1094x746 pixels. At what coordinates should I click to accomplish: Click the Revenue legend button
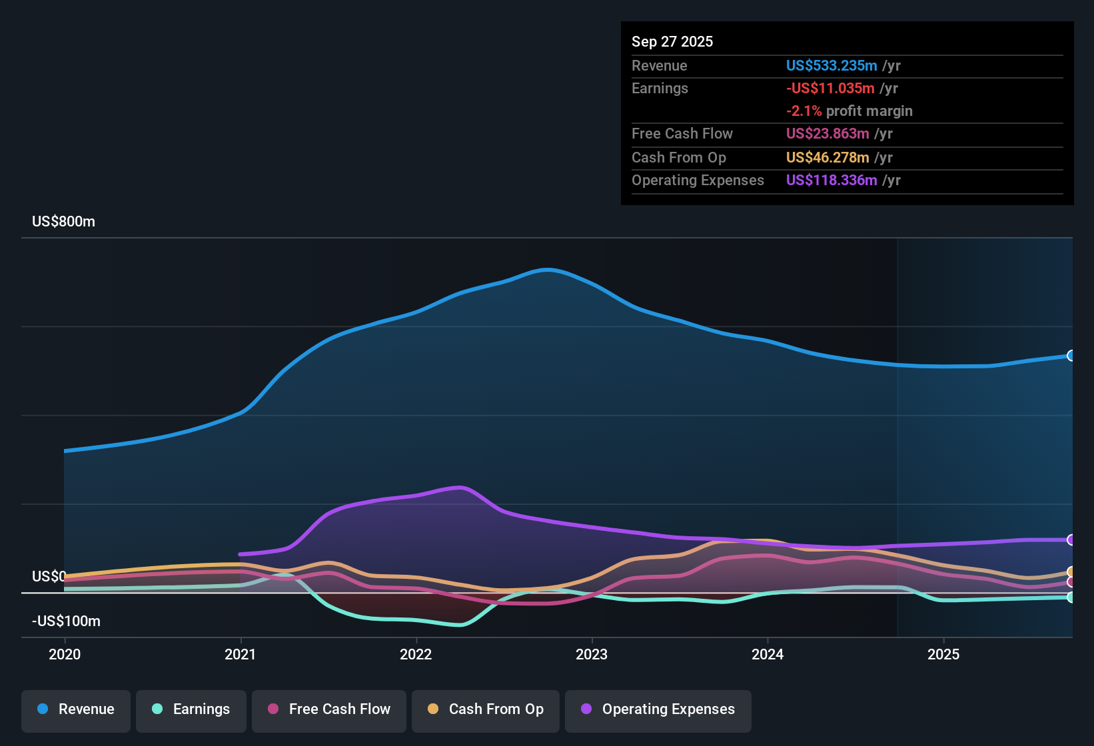pos(76,709)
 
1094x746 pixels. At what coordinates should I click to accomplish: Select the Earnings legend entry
pos(191,709)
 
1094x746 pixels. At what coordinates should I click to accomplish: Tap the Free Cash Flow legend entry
pos(329,709)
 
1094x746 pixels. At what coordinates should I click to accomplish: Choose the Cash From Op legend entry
pos(486,709)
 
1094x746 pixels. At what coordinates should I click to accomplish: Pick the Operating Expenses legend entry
pos(658,709)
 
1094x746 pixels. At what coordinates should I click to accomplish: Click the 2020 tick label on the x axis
pos(65,654)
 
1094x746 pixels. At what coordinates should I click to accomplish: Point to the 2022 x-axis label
pos(416,654)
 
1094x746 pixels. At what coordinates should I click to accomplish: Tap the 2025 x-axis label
pos(943,654)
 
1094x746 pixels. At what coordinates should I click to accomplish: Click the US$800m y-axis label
pos(63,222)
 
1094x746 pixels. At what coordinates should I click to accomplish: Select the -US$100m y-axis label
pos(66,621)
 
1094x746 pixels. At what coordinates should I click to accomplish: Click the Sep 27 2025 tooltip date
pos(672,42)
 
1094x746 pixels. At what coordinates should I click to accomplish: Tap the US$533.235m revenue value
pos(831,66)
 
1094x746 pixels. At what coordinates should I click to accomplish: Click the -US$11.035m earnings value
pos(829,89)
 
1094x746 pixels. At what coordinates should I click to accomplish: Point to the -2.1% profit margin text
pos(849,111)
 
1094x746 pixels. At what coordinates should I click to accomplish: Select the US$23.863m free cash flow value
pos(827,134)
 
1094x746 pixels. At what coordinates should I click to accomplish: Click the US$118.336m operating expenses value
pos(831,181)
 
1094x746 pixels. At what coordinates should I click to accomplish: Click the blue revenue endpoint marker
pos(1071,356)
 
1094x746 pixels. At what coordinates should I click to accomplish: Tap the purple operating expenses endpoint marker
pos(1071,540)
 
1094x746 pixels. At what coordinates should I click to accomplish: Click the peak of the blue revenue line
pos(547,270)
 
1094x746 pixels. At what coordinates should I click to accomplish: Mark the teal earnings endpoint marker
pos(1071,597)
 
